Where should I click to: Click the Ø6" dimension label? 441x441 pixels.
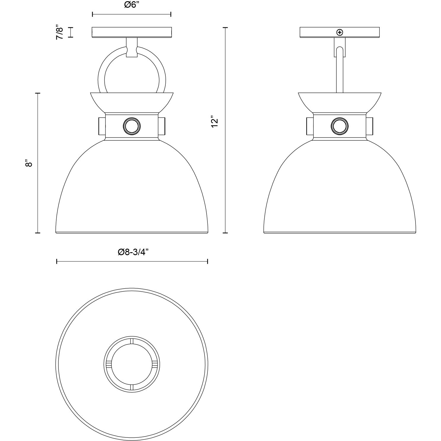click(132, 5)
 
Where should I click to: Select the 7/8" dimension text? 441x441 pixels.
click(60, 33)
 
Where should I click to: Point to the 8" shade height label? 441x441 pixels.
click(29, 163)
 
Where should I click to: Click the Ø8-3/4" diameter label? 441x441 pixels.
click(133, 252)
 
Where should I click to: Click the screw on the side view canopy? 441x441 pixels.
click(339, 32)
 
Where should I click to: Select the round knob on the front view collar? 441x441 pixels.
click(131, 126)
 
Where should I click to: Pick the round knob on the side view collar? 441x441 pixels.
click(339, 126)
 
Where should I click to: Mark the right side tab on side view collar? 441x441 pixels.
click(369, 126)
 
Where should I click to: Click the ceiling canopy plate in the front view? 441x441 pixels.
click(132, 32)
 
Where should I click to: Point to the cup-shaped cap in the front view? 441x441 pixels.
click(132, 103)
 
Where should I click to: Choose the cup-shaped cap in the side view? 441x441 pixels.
click(339, 103)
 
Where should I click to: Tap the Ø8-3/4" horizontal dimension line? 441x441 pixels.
click(132, 261)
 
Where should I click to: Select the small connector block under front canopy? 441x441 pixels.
click(132, 47)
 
